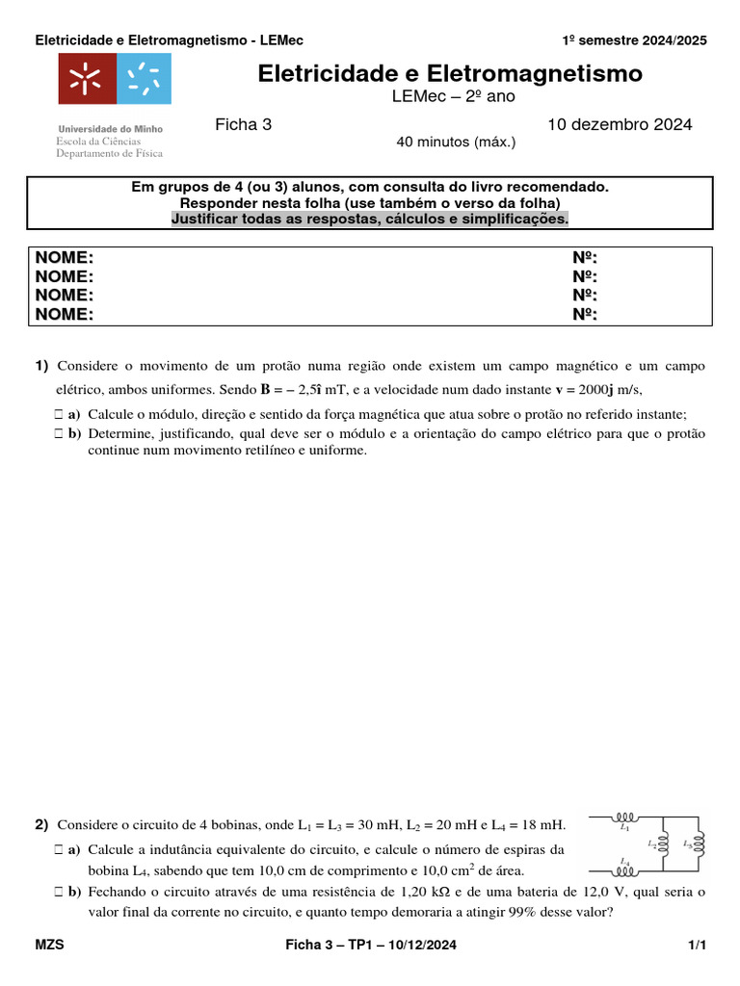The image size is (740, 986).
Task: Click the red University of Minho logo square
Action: pos(87,79)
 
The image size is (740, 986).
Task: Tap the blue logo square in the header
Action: pos(144,79)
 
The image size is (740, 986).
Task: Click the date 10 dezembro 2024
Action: pos(620,124)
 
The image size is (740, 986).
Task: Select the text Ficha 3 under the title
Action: pos(243,124)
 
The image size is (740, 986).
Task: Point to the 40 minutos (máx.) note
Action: pos(456,143)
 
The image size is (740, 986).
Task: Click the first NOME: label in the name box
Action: pos(65,257)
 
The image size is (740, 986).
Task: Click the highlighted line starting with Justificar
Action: pos(370,219)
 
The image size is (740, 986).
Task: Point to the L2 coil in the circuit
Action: pos(663,844)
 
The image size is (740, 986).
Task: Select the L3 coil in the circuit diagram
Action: pos(699,844)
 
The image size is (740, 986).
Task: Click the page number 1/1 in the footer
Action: pos(698,946)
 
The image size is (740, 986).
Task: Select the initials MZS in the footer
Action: pos(50,946)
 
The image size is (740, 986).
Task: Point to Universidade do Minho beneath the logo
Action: pos(111,128)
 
